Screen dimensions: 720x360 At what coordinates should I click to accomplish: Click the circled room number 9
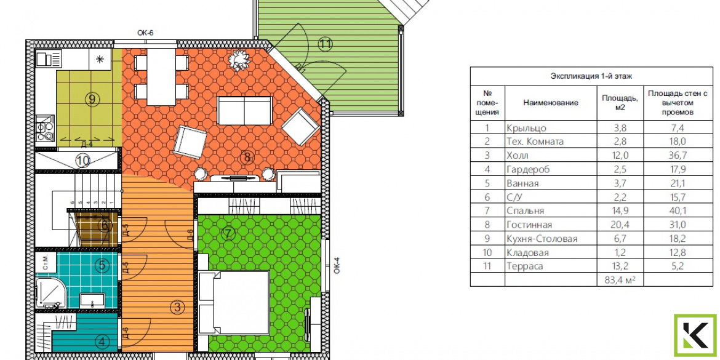click(92, 98)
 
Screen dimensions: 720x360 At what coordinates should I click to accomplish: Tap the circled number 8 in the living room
click(247, 158)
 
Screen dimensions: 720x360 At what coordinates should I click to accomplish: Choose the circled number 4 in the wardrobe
click(103, 342)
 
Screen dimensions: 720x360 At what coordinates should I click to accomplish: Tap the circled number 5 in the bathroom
click(102, 265)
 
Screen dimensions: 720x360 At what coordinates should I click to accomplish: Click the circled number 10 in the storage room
click(82, 161)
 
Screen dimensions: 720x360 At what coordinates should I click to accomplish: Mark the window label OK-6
click(145, 33)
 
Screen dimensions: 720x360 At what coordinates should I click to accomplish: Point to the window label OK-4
click(337, 265)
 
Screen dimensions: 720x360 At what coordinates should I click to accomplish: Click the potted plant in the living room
click(239, 60)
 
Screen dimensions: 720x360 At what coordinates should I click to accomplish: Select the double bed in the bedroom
click(234, 303)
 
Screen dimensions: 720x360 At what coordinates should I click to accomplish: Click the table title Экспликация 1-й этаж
click(591, 76)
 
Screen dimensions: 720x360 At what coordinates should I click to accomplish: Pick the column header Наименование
click(551, 103)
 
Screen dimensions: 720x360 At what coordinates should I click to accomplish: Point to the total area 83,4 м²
click(620, 279)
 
